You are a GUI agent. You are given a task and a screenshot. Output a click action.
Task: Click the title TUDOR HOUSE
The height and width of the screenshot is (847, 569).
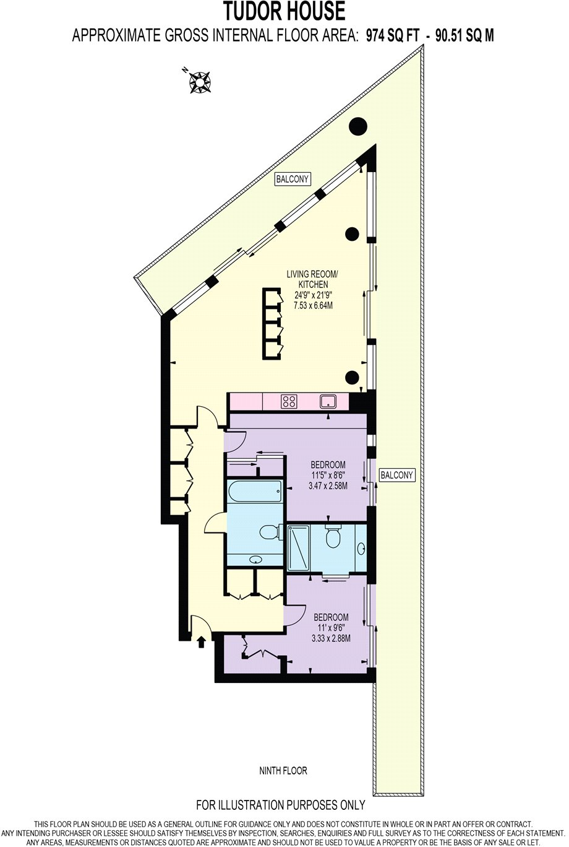[x=284, y=11]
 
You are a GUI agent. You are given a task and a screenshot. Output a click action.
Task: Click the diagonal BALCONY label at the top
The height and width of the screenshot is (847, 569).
[x=293, y=180]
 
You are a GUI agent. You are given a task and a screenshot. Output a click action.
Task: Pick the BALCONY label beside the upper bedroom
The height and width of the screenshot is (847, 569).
[x=396, y=475]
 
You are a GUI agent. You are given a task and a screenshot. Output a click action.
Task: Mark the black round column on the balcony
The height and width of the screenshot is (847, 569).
[x=357, y=126]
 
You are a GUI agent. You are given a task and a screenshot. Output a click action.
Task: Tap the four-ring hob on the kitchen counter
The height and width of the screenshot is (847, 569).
[x=288, y=401]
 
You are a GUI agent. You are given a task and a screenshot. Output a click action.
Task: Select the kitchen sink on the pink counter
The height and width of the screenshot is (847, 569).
[x=328, y=401]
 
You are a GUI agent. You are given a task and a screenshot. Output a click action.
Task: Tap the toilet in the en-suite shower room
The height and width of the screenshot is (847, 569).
[x=334, y=536]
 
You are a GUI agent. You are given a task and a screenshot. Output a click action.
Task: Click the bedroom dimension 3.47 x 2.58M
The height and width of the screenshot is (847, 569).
[x=328, y=486]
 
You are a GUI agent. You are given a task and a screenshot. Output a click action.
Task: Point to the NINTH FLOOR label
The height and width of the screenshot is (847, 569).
[x=283, y=771]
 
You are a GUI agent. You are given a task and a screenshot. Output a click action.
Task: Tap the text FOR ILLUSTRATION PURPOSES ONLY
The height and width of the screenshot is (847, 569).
[x=281, y=806]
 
